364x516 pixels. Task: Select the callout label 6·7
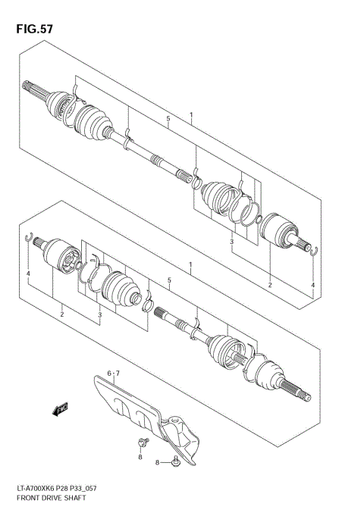click(x=113, y=374)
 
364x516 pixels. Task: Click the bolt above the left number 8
click(x=141, y=442)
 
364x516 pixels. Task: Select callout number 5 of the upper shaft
click(x=168, y=119)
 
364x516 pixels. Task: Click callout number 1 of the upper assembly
click(x=192, y=116)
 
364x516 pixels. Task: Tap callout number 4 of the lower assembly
click(x=28, y=274)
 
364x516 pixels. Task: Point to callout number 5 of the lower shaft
click(x=169, y=280)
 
